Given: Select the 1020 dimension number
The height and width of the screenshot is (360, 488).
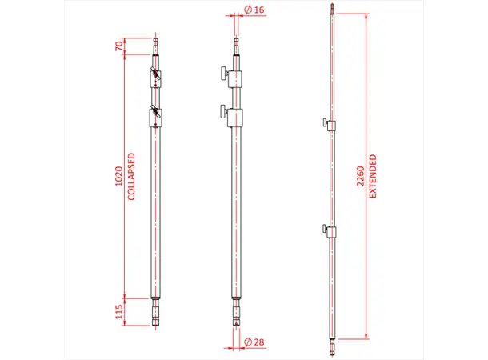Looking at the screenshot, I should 119,176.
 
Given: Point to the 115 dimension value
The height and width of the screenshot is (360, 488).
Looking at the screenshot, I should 119,312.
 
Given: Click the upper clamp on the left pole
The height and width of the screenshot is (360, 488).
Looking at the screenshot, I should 156,78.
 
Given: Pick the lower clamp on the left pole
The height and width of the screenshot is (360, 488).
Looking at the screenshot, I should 156,117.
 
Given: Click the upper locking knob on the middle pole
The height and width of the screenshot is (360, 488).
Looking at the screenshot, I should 219,75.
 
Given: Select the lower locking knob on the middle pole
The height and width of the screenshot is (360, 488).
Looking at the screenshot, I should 219,111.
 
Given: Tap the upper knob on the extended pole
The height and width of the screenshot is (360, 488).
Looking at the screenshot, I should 325,123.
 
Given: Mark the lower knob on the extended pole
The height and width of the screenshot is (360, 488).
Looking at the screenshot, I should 325,231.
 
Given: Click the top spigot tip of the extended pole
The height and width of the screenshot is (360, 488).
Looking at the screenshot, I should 331,10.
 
